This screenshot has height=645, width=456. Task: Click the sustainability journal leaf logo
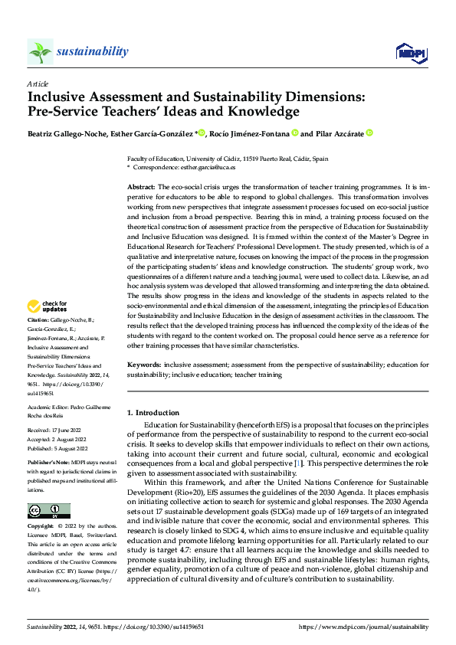point(40,51)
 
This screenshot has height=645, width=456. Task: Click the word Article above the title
point(38,83)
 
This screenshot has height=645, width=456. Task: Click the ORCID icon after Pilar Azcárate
point(369,133)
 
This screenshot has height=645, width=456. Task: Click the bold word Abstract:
point(140,187)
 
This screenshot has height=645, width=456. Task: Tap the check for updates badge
point(49,306)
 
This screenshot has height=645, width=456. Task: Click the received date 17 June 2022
point(69,431)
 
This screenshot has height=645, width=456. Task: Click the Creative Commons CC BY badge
point(48,511)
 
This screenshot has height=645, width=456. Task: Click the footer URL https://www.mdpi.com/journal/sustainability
point(363,626)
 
